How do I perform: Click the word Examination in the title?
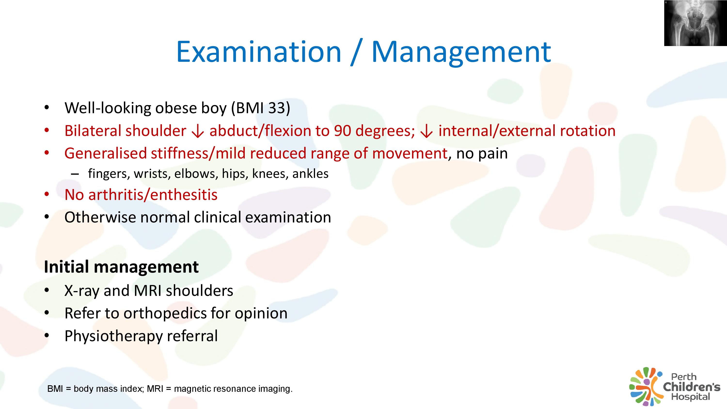[x=259, y=52]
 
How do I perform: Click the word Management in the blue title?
[x=461, y=53]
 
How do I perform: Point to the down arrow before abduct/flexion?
[x=198, y=132]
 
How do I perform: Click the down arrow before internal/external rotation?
[x=427, y=132]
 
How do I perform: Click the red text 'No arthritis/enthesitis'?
[x=141, y=195]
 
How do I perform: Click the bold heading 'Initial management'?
[x=121, y=267]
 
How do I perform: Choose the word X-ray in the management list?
[x=82, y=291]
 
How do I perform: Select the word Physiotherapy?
[x=113, y=336]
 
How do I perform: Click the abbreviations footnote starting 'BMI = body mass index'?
[x=170, y=389]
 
